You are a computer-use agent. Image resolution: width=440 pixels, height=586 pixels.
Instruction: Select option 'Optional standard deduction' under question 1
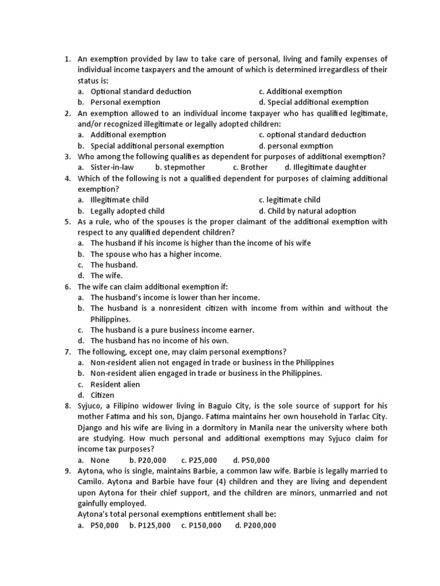click(140, 92)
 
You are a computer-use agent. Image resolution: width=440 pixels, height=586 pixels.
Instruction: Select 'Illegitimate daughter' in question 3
click(330, 167)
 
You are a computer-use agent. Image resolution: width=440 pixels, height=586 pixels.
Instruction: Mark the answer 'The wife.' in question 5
click(107, 276)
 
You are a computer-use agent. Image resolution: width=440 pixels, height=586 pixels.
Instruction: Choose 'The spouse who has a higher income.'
click(156, 254)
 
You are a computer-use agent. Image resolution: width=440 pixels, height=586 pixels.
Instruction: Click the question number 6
click(67, 287)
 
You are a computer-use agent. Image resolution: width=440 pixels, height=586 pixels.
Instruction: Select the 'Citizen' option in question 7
click(103, 395)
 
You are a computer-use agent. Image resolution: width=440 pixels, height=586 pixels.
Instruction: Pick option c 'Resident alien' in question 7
click(115, 385)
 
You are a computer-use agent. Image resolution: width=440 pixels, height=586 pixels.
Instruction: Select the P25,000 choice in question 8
click(199, 460)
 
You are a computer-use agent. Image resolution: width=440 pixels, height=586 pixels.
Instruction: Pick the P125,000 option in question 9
click(150, 525)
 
